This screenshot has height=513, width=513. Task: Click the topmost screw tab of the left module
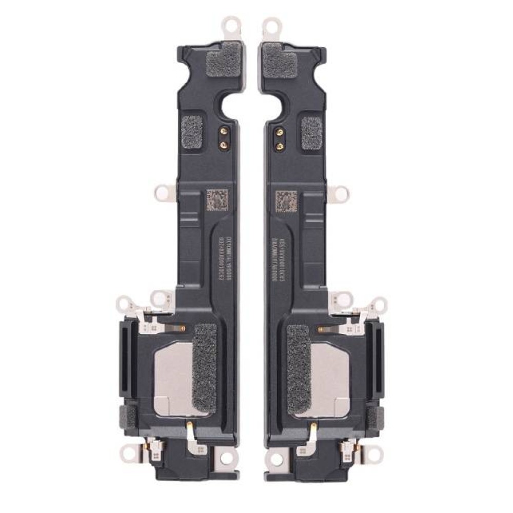tap(228, 24)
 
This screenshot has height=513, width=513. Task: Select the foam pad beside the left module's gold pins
tap(192, 131)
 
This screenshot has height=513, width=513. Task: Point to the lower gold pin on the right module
tap(280, 146)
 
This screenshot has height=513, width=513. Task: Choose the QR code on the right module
tap(286, 200)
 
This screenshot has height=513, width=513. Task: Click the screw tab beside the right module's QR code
tap(338, 193)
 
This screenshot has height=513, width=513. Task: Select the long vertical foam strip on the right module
tap(299, 369)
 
